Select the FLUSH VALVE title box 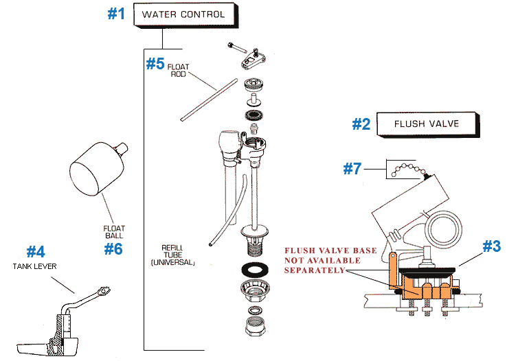(x=426, y=124)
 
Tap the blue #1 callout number (x=116, y=14)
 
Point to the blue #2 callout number (x=361, y=124)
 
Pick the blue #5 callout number (x=155, y=64)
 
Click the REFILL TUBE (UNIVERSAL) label (x=173, y=254)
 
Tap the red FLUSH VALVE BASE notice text (x=330, y=261)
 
